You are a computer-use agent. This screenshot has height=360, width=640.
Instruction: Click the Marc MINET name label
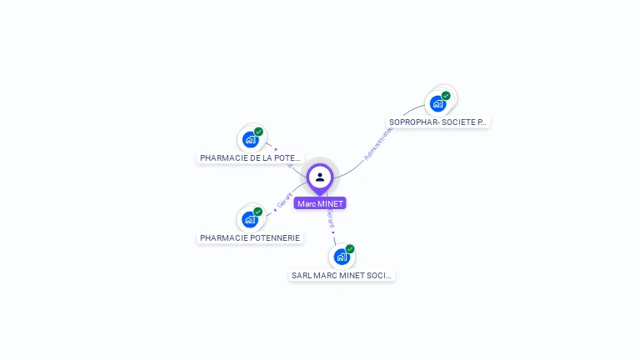point(319,203)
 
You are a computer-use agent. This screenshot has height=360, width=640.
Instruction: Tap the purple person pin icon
point(320,177)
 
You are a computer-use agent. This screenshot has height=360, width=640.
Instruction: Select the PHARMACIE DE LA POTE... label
point(250,157)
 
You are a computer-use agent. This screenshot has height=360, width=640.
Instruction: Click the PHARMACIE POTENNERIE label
point(250,237)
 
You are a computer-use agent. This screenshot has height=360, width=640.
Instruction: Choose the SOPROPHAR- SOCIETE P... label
point(437,122)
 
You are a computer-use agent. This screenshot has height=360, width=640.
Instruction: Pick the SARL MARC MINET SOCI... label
point(342,275)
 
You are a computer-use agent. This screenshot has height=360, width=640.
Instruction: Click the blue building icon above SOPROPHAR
point(437,104)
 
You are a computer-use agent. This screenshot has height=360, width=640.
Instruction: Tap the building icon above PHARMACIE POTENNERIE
point(249,220)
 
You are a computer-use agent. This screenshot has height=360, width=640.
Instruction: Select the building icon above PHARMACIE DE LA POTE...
point(249,140)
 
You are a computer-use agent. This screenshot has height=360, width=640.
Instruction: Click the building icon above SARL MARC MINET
point(341,257)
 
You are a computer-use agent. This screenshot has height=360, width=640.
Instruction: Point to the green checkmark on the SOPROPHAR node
point(446,96)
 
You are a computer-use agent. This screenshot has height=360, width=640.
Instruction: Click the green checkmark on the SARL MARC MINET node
point(350,248)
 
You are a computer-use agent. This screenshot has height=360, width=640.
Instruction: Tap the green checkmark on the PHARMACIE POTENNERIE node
point(258,212)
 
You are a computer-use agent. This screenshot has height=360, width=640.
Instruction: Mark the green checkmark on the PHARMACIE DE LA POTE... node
point(258,132)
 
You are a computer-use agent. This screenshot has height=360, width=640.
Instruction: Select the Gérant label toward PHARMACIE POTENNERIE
point(285,201)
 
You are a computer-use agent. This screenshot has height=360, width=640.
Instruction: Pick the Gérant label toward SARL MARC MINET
point(331,218)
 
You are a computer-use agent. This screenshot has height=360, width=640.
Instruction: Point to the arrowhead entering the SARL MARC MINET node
point(334,233)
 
